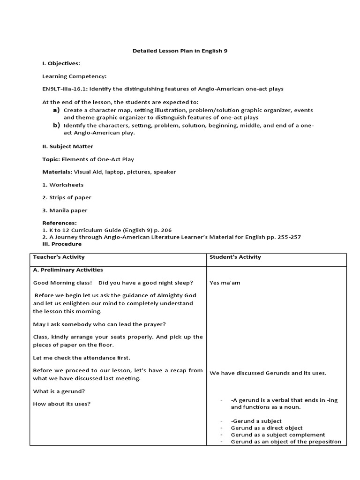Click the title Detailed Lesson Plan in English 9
pyautogui.click(x=180, y=51)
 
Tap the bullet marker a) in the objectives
pyautogui.click(x=56, y=110)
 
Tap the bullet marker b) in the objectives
pyautogui.click(x=56, y=126)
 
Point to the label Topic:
pyautogui.click(x=51, y=159)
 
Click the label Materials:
pyautogui.click(x=57, y=172)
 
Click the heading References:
pyautogui.click(x=59, y=223)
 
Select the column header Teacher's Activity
pyautogui.click(x=59, y=257)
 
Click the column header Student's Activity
pyautogui.click(x=235, y=257)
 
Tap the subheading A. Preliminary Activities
pyautogui.click(x=68, y=270)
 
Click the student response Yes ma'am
pyautogui.click(x=225, y=283)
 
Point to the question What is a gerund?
pyautogui.click(x=59, y=391)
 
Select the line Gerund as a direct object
pyautogui.click(x=266, y=428)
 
